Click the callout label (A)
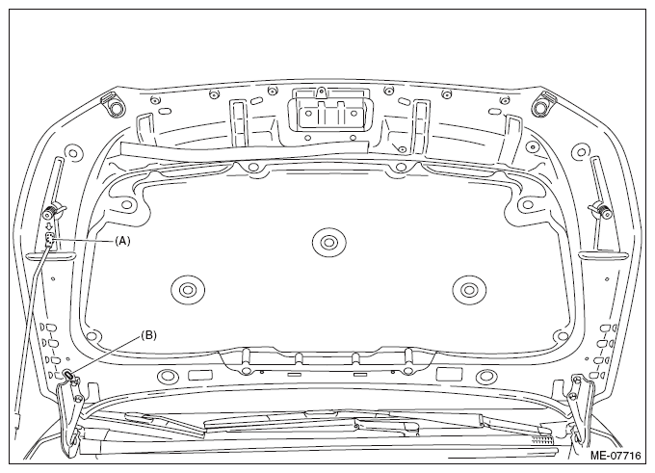[122, 241]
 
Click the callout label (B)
[148, 335]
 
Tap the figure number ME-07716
[616, 455]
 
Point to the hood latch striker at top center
[327, 109]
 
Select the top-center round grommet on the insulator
[328, 242]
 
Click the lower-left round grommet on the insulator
[188, 289]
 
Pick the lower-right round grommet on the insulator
[469, 289]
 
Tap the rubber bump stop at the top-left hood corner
[113, 105]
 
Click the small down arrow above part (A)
[50, 226]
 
